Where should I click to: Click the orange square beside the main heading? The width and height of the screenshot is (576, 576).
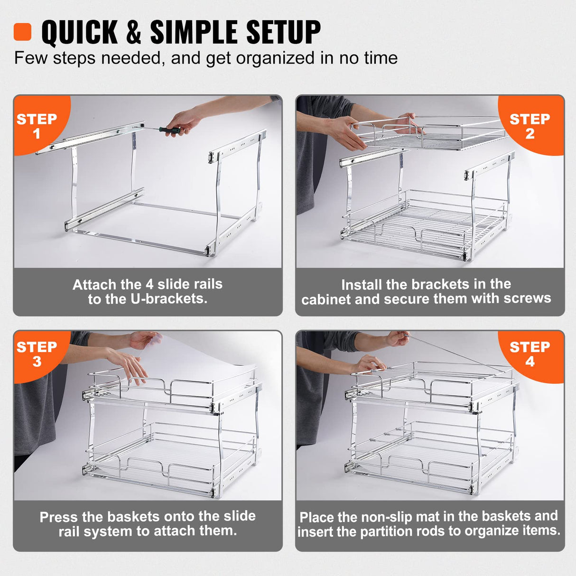(x=22, y=32)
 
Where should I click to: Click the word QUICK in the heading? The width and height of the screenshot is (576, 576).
(x=79, y=32)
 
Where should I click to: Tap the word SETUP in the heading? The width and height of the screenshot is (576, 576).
(x=283, y=32)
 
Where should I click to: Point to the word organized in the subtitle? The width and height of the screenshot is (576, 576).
(x=275, y=58)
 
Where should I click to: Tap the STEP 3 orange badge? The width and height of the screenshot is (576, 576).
(x=37, y=353)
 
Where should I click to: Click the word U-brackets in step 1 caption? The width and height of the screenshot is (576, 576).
(x=175, y=299)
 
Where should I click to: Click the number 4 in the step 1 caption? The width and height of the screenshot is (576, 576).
(x=149, y=284)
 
